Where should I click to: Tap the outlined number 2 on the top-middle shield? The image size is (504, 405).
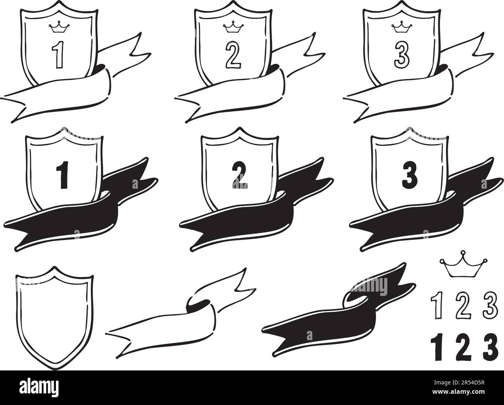(x=233, y=55)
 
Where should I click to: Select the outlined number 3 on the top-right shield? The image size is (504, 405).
(x=402, y=55)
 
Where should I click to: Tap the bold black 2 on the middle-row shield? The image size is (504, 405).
(x=240, y=175)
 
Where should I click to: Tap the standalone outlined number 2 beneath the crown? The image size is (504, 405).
(x=463, y=305)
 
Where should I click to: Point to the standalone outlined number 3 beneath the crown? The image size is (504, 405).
(x=490, y=305)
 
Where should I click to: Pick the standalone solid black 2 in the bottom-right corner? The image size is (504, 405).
(x=463, y=347)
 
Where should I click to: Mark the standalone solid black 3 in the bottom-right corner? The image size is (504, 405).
(x=490, y=347)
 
